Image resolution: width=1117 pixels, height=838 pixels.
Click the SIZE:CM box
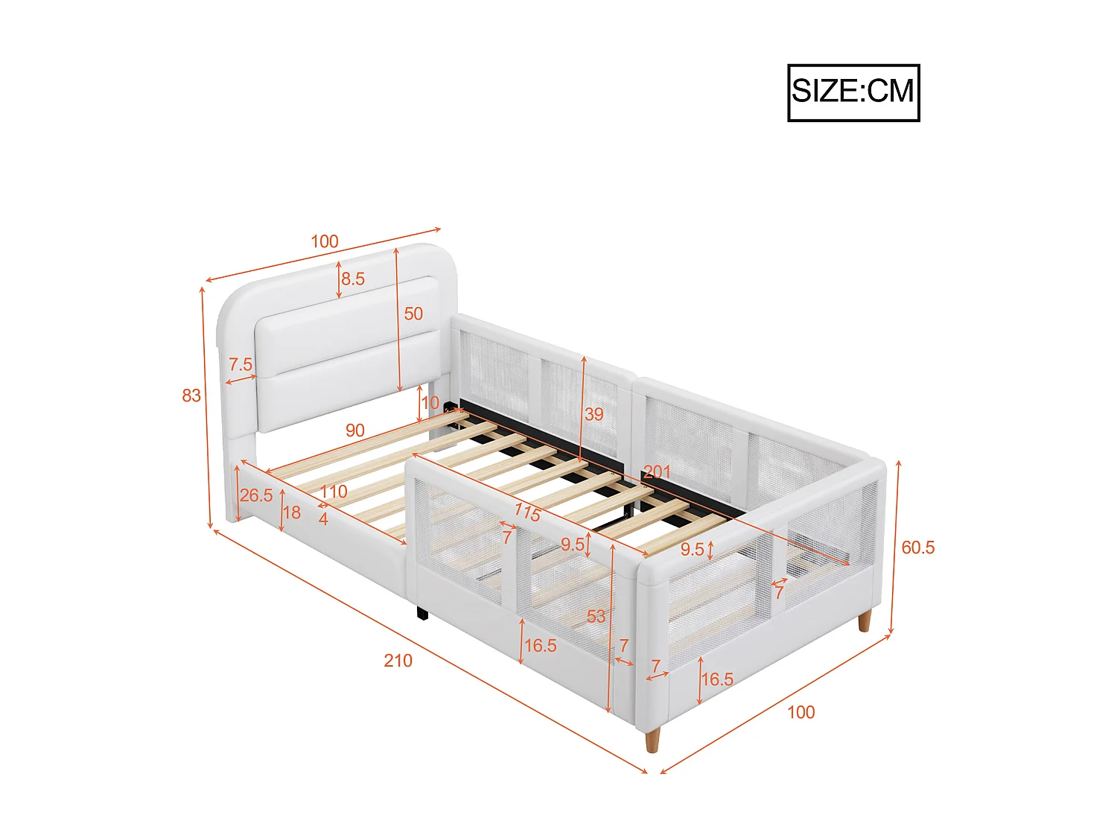click(x=853, y=92)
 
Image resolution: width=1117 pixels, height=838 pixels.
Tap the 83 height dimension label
click(x=191, y=395)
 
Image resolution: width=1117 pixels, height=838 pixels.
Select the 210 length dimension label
click(x=398, y=660)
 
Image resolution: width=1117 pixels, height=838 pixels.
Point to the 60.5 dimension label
click(x=917, y=547)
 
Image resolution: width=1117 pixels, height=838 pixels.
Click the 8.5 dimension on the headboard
click(x=353, y=279)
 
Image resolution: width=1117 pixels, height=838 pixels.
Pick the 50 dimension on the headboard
click(x=413, y=314)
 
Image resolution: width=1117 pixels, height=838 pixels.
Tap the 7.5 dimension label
click(x=241, y=364)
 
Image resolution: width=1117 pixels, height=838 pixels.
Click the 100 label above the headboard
click(x=325, y=241)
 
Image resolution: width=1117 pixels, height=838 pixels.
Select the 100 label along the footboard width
click(x=801, y=712)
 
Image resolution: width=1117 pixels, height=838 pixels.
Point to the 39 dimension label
click(x=593, y=414)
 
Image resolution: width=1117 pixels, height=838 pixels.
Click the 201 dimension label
click(x=657, y=472)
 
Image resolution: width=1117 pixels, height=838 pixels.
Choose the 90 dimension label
click(x=355, y=430)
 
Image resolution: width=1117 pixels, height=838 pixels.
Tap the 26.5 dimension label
click(x=256, y=495)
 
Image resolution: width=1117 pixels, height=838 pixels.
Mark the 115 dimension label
click(x=527, y=512)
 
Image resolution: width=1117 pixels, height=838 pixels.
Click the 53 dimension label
click(x=596, y=616)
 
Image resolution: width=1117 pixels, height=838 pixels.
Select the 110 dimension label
click(x=334, y=492)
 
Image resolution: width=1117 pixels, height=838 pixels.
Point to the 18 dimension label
click(x=292, y=512)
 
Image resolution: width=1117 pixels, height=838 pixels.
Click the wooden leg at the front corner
click(x=652, y=740)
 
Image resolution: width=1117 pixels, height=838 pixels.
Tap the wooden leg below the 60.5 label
click(x=864, y=620)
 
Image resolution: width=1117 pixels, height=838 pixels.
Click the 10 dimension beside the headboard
click(x=430, y=403)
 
